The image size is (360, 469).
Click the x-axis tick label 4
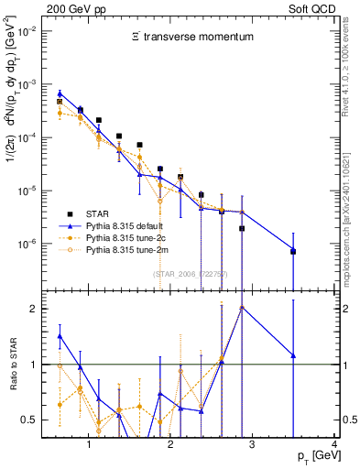pyautogui.click(x=334, y=445)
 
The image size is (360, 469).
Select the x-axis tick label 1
pyautogui.click(x=89, y=445)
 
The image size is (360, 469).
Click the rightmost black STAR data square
pyautogui.click(x=293, y=252)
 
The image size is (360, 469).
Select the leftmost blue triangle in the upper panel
pyautogui.click(x=60, y=93)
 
